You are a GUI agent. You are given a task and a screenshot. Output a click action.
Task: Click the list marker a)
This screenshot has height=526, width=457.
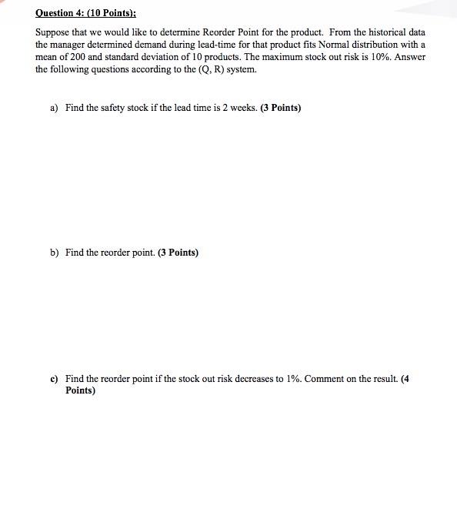pos(55,108)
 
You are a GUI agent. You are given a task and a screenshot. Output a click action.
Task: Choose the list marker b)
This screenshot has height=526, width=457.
pos(55,253)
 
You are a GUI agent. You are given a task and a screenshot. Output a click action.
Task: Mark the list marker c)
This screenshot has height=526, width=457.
pos(55,379)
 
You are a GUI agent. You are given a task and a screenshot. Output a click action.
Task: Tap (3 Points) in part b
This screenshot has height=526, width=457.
pos(178,253)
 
